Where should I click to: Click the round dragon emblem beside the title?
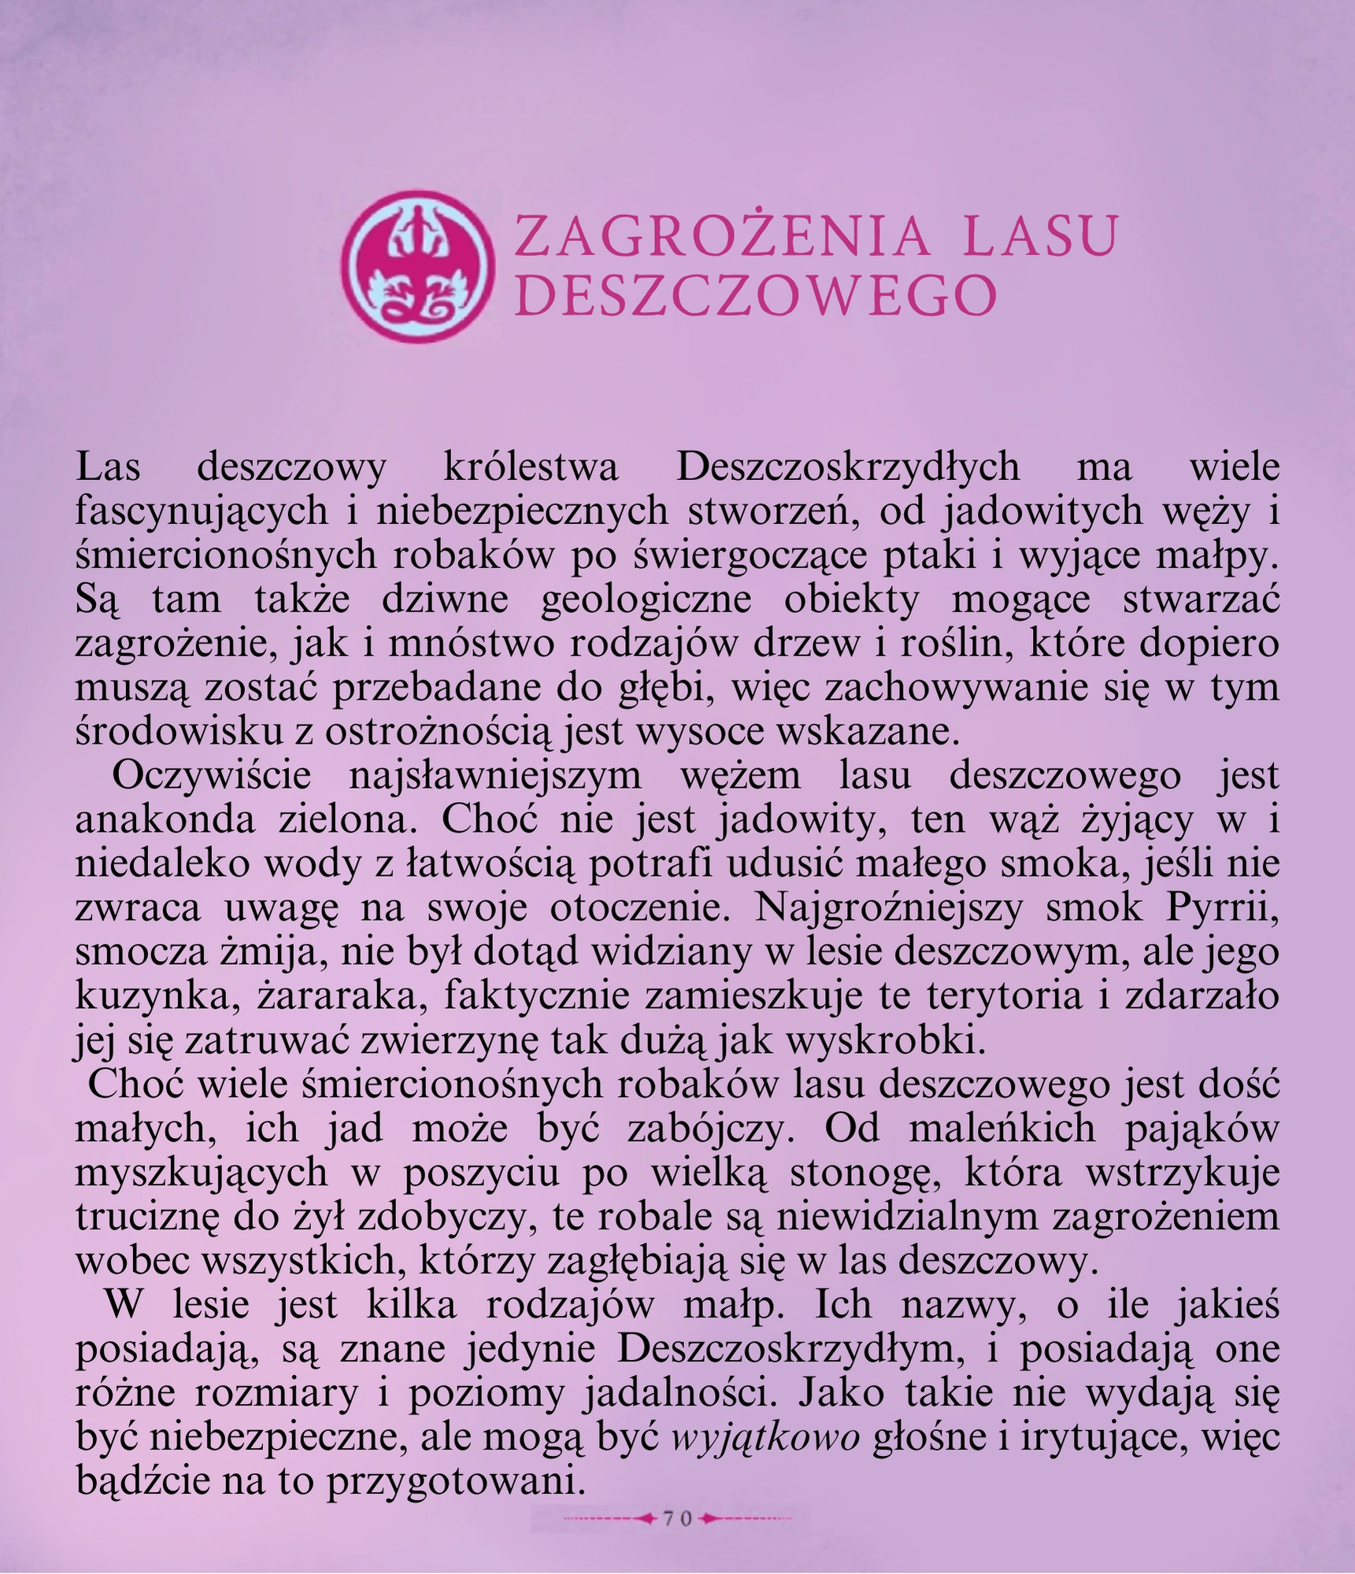(417, 266)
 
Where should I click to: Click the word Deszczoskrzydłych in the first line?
(848, 467)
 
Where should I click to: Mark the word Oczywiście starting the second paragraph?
(212, 775)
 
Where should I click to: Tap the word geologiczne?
(646, 600)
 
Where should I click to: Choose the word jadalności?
(679, 1393)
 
